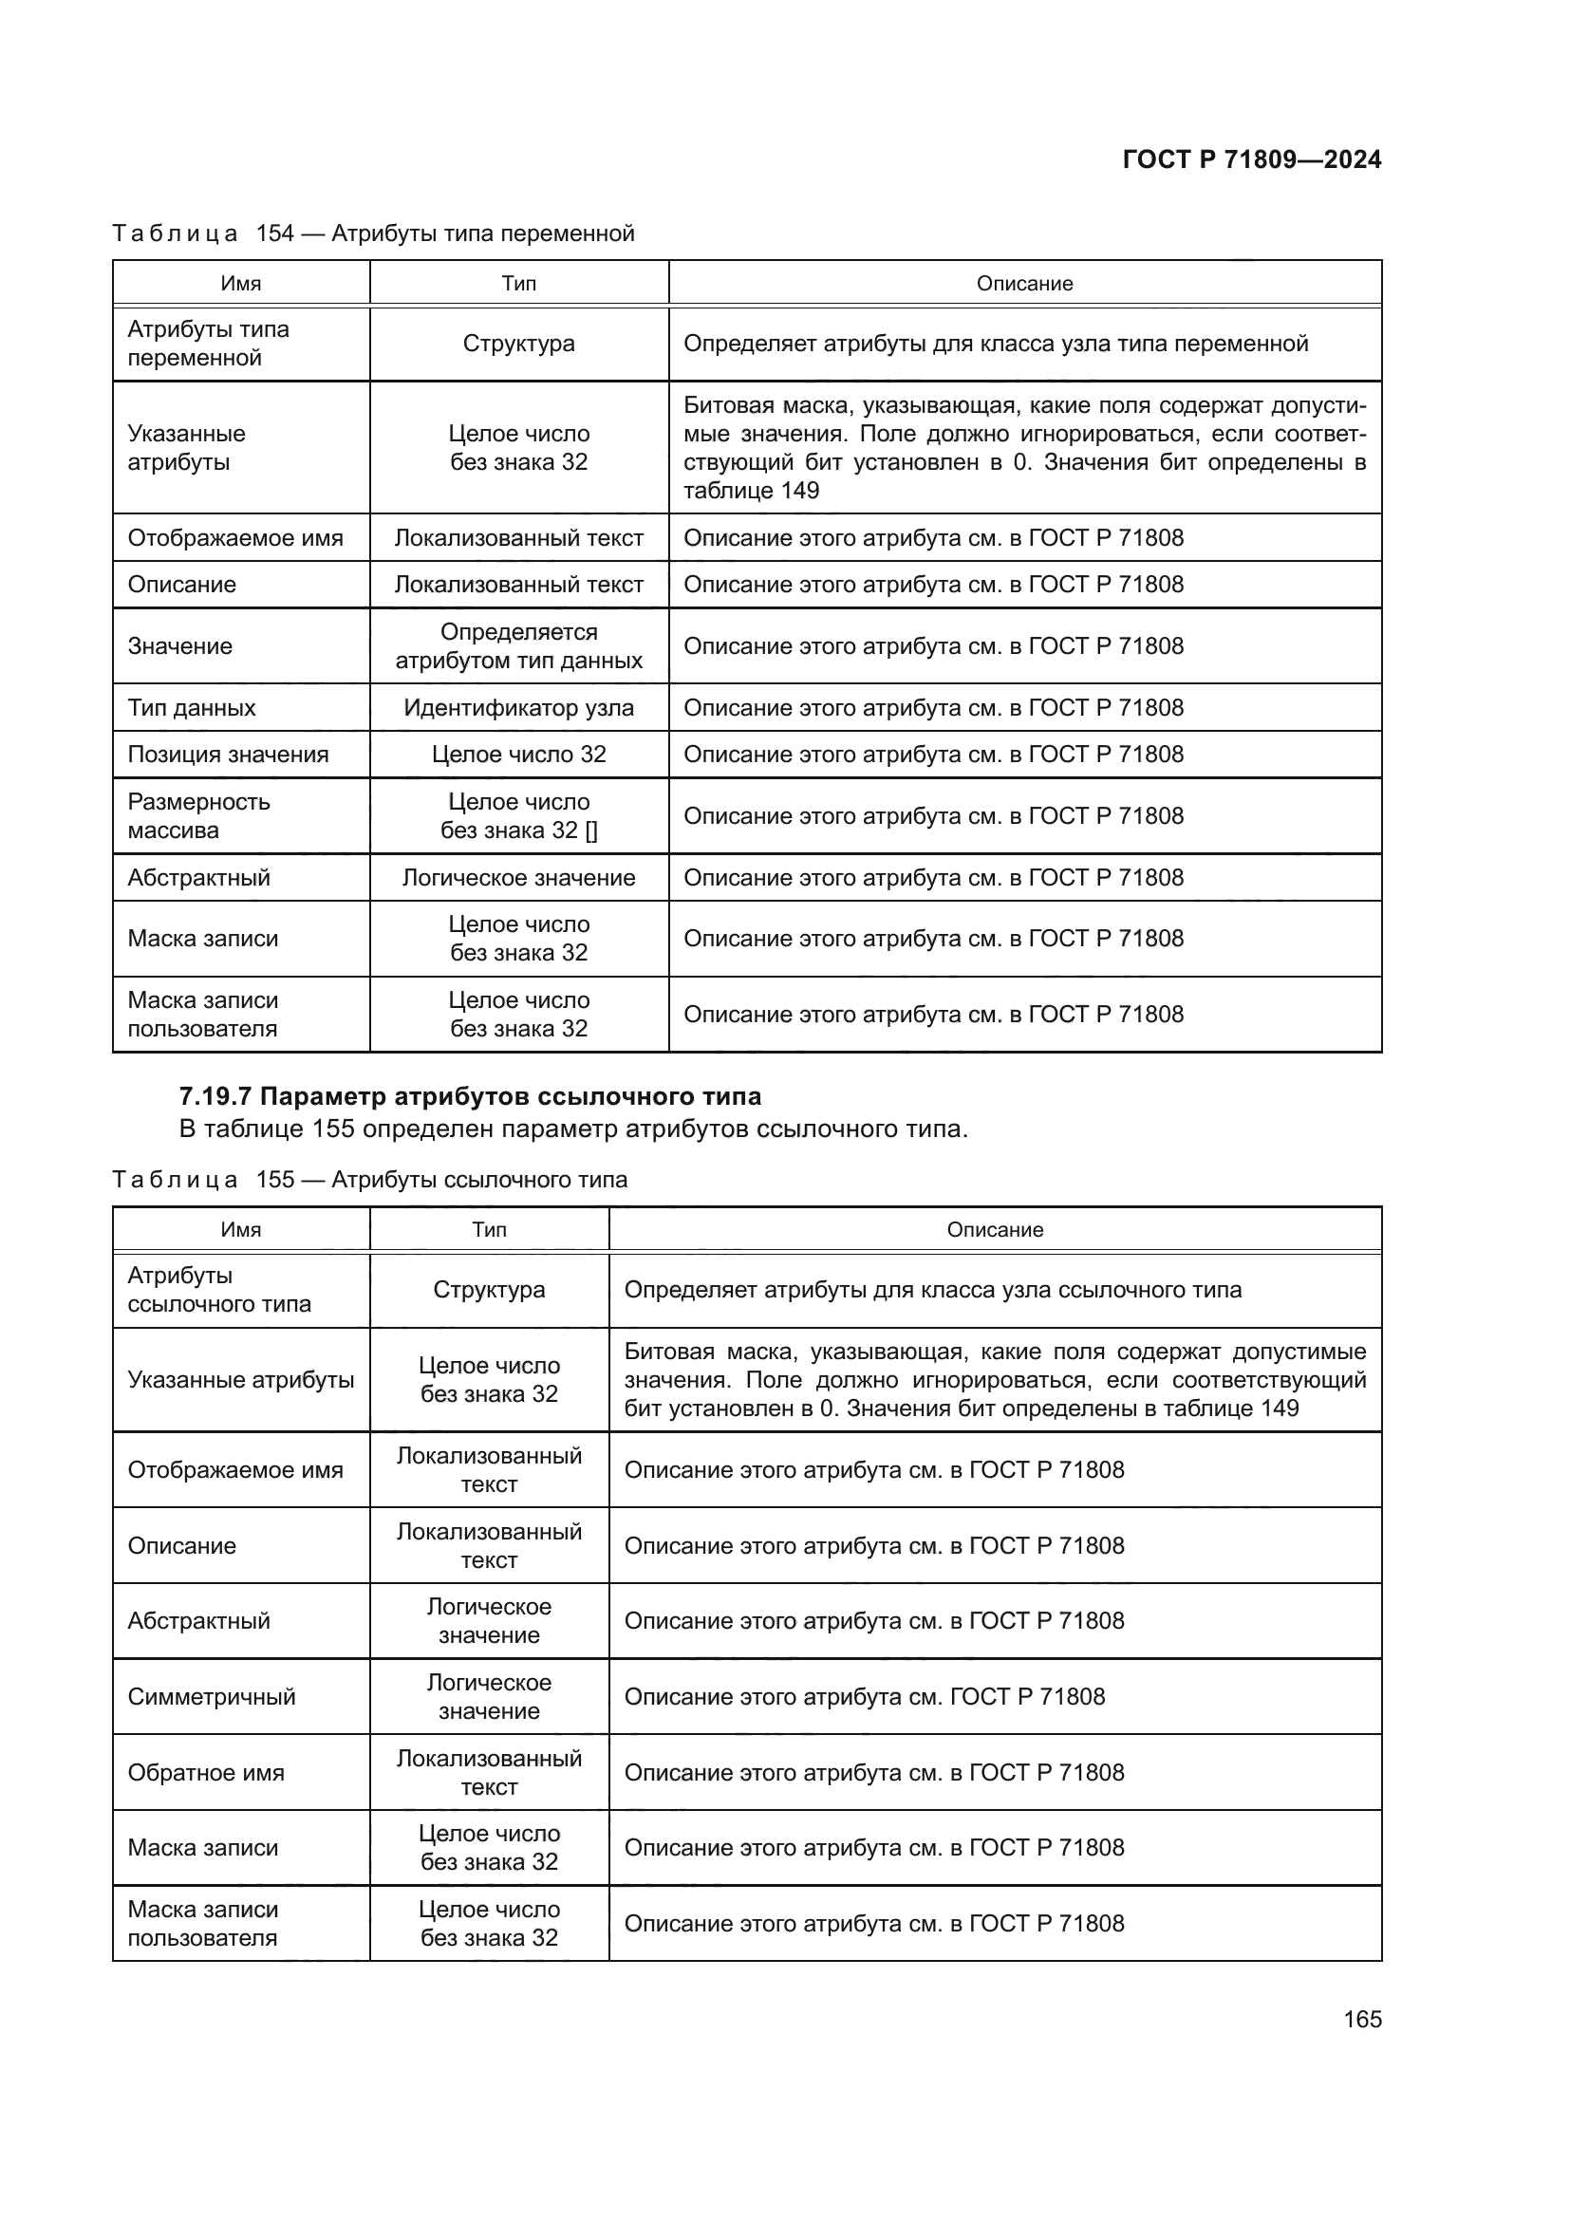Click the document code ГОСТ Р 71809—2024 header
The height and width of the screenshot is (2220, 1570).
point(1251,159)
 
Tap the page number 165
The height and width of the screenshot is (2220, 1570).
point(1361,2019)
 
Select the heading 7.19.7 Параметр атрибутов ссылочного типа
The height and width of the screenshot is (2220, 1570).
point(470,1096)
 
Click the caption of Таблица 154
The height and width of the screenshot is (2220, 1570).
point(373,233)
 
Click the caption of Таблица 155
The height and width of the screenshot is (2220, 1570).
point(369,1180)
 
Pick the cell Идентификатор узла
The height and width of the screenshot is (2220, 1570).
point(518,708)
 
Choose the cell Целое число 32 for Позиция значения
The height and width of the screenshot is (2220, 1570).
point(518,755)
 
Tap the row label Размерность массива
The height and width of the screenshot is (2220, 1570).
point(199,816)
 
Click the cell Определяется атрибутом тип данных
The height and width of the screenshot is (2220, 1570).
point(518,646)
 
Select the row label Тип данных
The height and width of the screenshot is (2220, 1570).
point(192,708)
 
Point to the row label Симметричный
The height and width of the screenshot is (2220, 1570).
point(211,1697)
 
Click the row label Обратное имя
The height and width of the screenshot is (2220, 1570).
point(206,1772)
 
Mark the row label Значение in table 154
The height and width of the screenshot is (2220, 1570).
point(179,646)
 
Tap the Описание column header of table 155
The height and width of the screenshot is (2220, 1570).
point(995,1230)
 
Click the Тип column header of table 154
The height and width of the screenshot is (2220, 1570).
point(518,283)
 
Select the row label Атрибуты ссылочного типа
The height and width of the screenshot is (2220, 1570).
point(218,1290)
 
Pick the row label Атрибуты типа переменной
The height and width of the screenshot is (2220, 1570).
point(208,344)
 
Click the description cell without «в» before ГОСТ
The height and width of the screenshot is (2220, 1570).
point(865,1697)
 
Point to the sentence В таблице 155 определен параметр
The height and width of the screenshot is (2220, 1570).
point(572,1129)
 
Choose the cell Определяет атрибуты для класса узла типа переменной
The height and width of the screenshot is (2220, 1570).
point(996,344)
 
